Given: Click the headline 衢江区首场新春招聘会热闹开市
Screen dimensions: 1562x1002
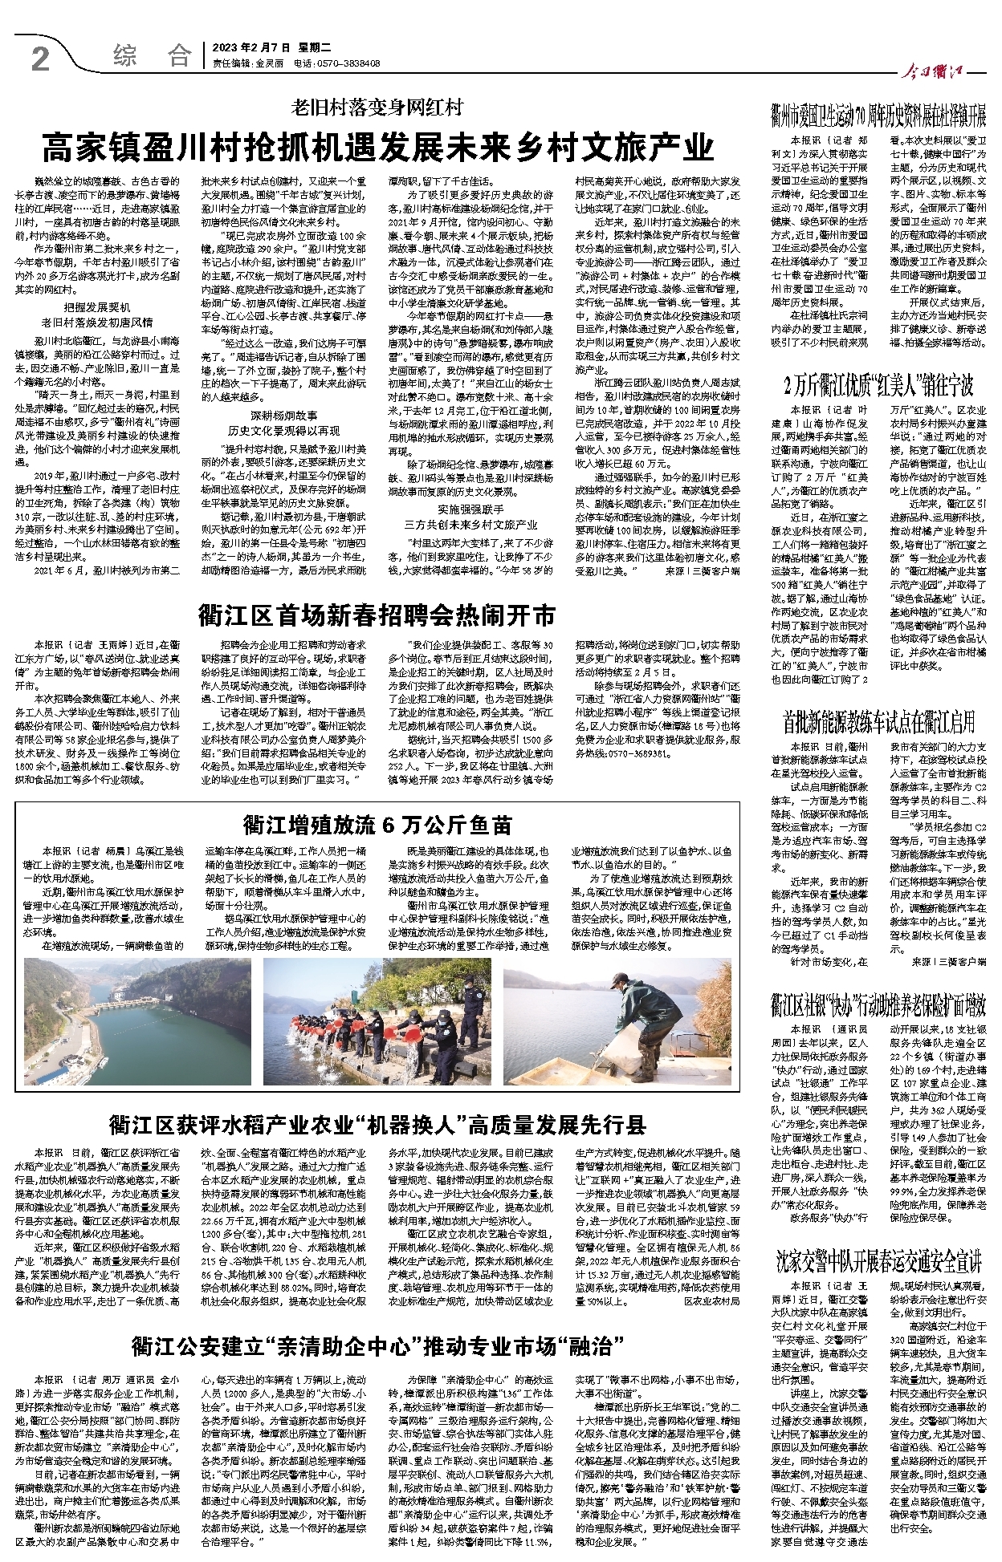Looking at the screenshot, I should (x=377, y=615).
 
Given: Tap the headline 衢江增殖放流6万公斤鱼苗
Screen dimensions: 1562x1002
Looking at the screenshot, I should (x=377, y=824).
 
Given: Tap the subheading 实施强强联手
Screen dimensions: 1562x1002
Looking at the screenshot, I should (x=470, y=509).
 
